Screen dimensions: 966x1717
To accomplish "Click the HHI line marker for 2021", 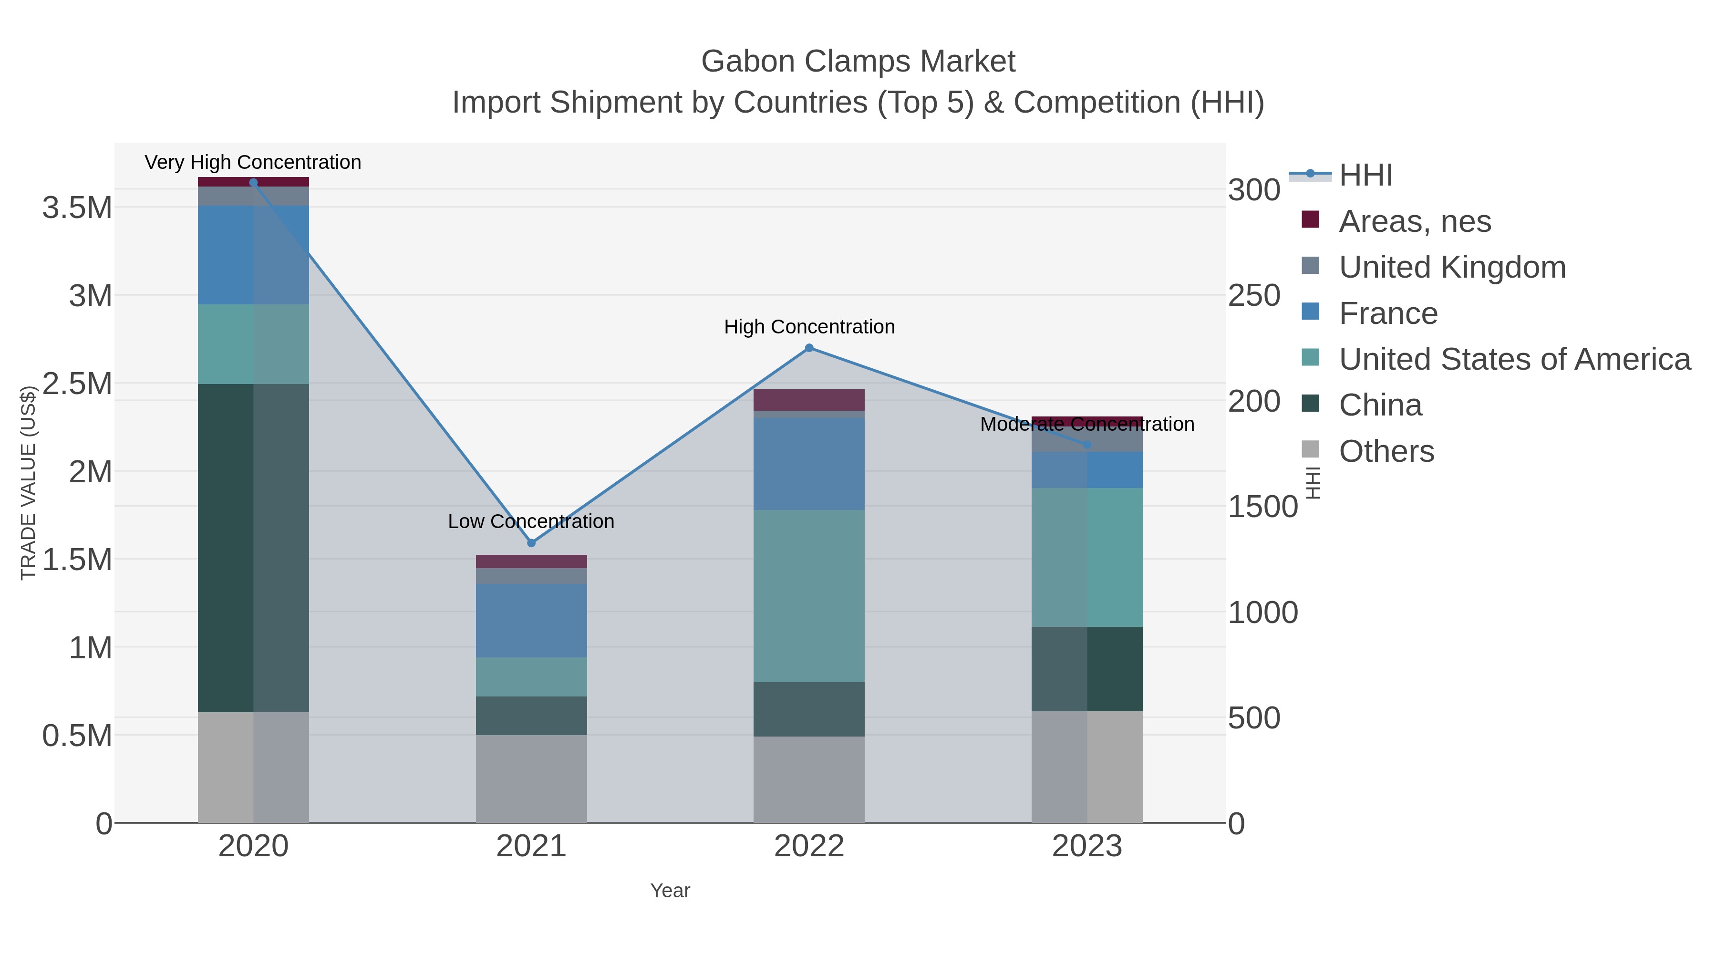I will coord(531,543).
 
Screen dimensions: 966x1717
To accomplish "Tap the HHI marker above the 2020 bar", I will coord(253,183).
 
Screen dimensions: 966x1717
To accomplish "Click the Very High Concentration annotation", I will coord(253,163).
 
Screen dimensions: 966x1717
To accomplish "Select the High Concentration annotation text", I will coord(809,327).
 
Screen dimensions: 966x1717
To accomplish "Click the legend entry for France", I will coord(1388,313).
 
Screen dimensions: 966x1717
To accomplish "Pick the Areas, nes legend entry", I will coord(1415,221).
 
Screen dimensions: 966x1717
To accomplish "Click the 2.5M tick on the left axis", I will coord(77,384).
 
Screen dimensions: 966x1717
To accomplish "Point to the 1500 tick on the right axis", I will coord(1262,507).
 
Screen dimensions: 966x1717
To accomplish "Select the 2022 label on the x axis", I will coord(809,847).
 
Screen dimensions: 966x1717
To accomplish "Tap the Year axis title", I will coord(670,891).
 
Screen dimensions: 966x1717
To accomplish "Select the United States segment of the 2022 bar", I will coord(809,595).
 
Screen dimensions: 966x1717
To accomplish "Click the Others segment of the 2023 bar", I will coord(1087,767).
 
